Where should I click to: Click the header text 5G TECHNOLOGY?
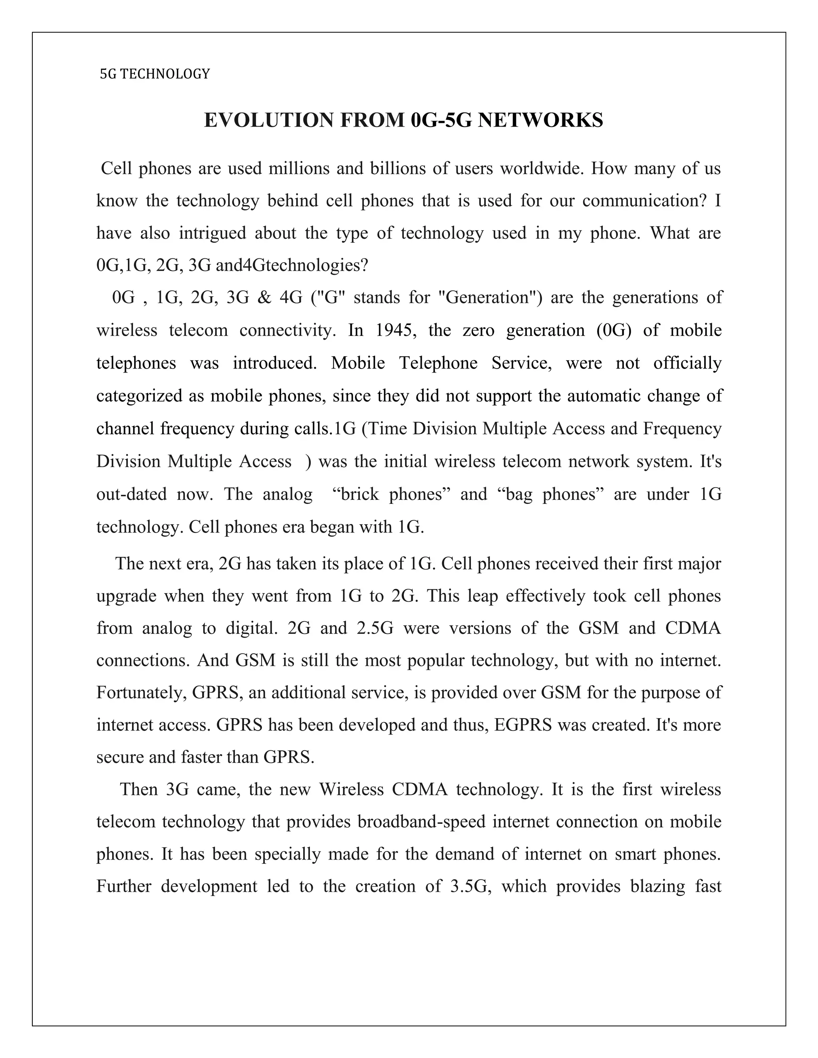pyautogui.click(x=155, y=74)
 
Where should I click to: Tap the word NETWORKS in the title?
pyautogui.click(x=540, y=120)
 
